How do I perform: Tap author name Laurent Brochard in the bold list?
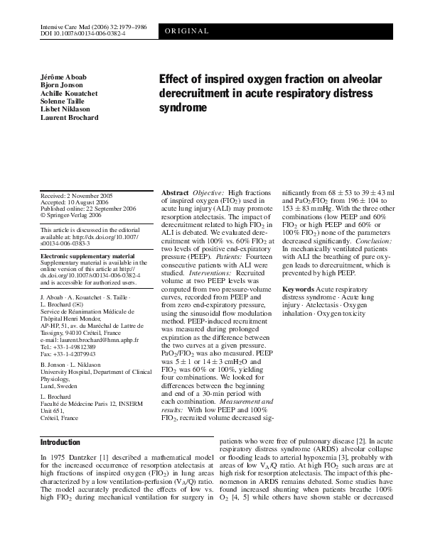coord(70,117)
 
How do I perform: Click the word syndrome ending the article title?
coord(181,109)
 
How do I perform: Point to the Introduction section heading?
coord(60,442)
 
